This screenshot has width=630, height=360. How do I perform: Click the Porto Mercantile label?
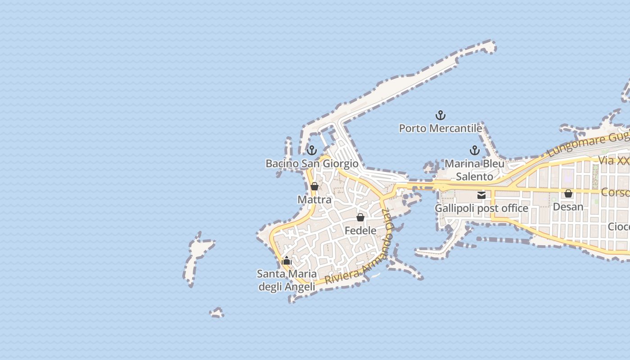point(441,128)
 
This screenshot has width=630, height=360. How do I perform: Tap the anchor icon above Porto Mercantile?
point(441,116)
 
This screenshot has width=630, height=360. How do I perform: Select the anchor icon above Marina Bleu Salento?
point(474,150)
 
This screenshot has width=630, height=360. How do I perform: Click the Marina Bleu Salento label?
point(474,170)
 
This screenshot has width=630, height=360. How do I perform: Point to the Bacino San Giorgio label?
point(312,163)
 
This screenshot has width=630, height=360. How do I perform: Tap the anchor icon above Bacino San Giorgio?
point(312,150)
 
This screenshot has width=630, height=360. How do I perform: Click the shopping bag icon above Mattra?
point(315,186)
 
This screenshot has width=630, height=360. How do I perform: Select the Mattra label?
point(315,199)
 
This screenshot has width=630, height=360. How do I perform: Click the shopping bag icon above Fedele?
point(360,218)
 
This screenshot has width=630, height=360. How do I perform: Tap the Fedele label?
point(360,230)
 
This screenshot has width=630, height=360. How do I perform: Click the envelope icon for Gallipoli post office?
point(481,195)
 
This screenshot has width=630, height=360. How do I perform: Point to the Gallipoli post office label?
point(481,208)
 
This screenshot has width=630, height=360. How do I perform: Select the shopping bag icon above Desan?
point(568,193)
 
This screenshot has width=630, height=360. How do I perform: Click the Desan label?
point(568,207)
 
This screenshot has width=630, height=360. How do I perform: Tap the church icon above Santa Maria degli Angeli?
point(287,261)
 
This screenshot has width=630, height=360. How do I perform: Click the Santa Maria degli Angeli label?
point(287,280)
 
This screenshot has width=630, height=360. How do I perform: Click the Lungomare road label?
point(585,144)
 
